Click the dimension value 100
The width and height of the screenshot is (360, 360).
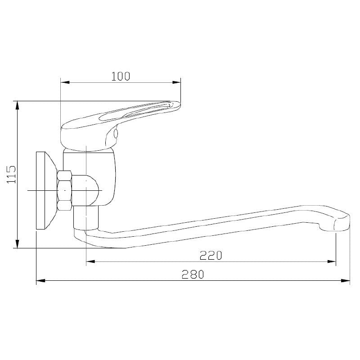pos(121,76)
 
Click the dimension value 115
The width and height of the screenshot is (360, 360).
pos(11,175)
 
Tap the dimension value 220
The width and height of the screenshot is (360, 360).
pos(211,255)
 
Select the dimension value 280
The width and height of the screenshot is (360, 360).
pos(193,274)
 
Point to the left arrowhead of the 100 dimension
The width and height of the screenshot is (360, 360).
pos(65,82)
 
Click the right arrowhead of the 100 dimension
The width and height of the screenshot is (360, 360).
pos(176,82)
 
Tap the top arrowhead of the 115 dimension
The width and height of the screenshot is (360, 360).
pos(17,105)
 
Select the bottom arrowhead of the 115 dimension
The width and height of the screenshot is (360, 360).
pos(17,243)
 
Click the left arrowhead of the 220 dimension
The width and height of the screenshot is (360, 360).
pos(90,261)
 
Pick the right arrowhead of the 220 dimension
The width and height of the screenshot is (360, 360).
pos(332,261)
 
